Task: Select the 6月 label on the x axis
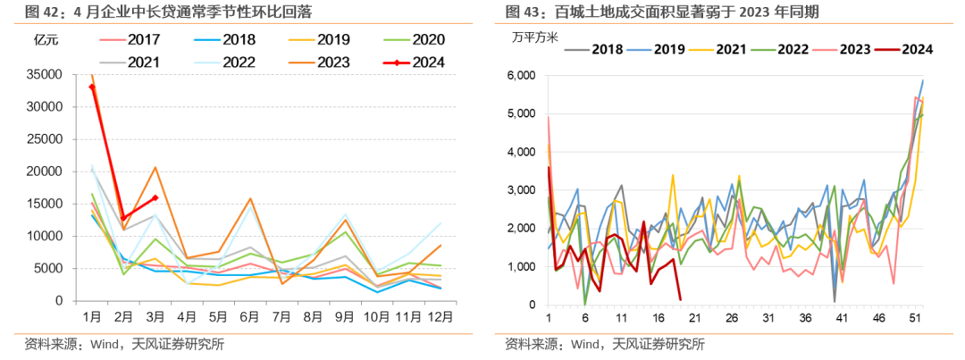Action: coord(251,316)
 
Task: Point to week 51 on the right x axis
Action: coord(914,318)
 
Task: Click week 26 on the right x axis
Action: coord(732,318)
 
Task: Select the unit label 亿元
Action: coord(46,40)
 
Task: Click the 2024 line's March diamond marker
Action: coord(155,198)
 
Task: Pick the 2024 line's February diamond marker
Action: coord(124,218)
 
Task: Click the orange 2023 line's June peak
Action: coord(251,198)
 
